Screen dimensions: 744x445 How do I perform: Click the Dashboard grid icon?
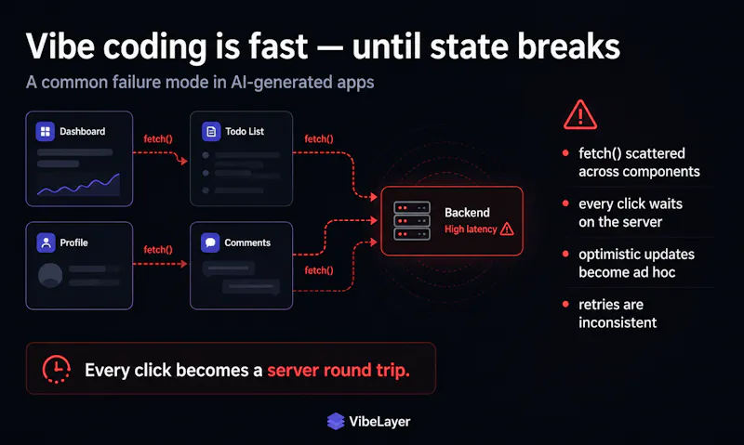click(45, 131)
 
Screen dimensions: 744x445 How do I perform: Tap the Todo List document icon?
click(211, 131)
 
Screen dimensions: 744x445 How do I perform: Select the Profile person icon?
click(46, 242)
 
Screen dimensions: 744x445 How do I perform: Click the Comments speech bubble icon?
click(210, 242)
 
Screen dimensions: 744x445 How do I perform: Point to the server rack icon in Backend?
click(412, 221)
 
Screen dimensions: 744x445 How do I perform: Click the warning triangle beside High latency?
click(507, 229)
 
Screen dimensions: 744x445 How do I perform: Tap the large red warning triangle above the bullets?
click(579, 114)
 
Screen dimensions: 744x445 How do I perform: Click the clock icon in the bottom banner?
click(57, 369)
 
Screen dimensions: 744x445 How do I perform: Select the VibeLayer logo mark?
click(336, 421)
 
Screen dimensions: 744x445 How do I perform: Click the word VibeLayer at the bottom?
click(379, 421)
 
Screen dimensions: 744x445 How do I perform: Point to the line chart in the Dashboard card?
click(78, 185)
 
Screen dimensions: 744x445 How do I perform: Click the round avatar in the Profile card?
click(50, 275)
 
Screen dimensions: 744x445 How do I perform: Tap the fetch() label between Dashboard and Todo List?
click(158, 138)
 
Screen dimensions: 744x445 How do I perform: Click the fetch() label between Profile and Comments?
click(158, 250)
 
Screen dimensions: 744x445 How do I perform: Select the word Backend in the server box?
click(467, 213)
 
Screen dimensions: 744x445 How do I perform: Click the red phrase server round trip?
click(339, 370)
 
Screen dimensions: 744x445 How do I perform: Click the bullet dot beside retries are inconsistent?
click(565, 304)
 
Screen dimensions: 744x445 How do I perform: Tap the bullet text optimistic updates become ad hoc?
click(636, 263)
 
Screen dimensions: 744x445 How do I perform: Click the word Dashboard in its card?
click(83, 131)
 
